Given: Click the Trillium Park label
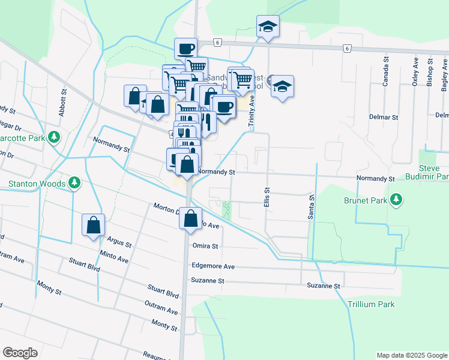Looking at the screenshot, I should (x=371, y=304).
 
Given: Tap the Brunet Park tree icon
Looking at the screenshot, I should (x=396, y=200).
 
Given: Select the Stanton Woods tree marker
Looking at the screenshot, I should (x=74, y=182).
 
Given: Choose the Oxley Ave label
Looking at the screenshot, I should (x=415, y=72).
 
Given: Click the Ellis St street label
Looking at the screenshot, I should (x=266, y=196).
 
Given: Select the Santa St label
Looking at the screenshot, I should (x=312, y=206).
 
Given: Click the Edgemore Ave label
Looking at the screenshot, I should (x=213, y=266).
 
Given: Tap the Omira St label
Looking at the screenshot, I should (x=205, y=245).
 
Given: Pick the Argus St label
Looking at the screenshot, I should (x=119, y=242).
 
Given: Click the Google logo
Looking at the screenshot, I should (x=20, y=353).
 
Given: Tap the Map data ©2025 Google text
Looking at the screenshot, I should (x=411, y=355).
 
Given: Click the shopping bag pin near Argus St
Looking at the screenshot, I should (x=94, y=226).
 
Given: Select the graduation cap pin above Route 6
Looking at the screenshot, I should (x=268, y=27).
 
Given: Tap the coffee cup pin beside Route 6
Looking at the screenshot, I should (x=185, y=49).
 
